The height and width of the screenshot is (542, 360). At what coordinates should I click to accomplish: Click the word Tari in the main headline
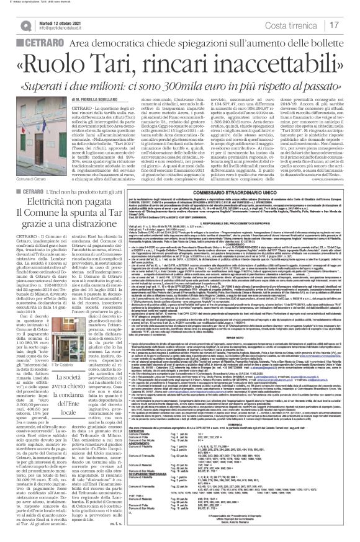pyautogui.click(x=133, y=64)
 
